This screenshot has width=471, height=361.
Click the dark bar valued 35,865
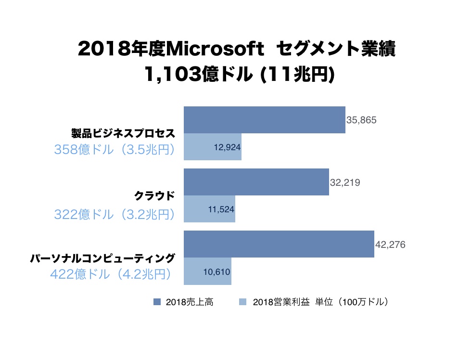[264, 120]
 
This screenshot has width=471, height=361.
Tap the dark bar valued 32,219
[256, 182]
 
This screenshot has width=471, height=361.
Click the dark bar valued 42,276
[279, 244]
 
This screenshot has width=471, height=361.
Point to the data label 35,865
[361, 120]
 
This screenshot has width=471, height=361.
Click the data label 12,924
[227, 147]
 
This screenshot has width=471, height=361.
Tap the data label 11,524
[221, 209]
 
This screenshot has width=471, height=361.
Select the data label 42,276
[390, 245]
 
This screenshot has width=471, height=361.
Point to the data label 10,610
[217, 271]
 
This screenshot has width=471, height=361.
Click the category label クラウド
[153, 196]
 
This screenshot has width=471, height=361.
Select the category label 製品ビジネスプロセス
[123, 133]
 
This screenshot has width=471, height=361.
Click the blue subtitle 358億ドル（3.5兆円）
[115, 150]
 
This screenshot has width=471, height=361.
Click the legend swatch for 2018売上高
[157, 302]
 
